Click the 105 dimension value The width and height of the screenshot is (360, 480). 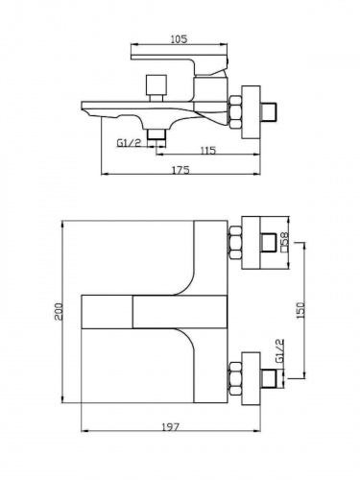click(179, 39)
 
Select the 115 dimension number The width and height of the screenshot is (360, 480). click(208, 150)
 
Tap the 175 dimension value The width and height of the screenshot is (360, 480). click(181, 170)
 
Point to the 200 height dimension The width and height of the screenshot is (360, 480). click(59, 312)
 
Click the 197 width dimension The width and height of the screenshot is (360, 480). click(170, 427)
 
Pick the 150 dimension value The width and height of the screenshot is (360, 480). click(301, 310)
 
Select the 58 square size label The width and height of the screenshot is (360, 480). click(284, 242)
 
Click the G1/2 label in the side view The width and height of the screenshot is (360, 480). click(129, 143)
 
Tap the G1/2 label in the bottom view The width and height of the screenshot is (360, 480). click(279, 350)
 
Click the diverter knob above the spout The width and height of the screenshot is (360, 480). click(156, 88)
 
